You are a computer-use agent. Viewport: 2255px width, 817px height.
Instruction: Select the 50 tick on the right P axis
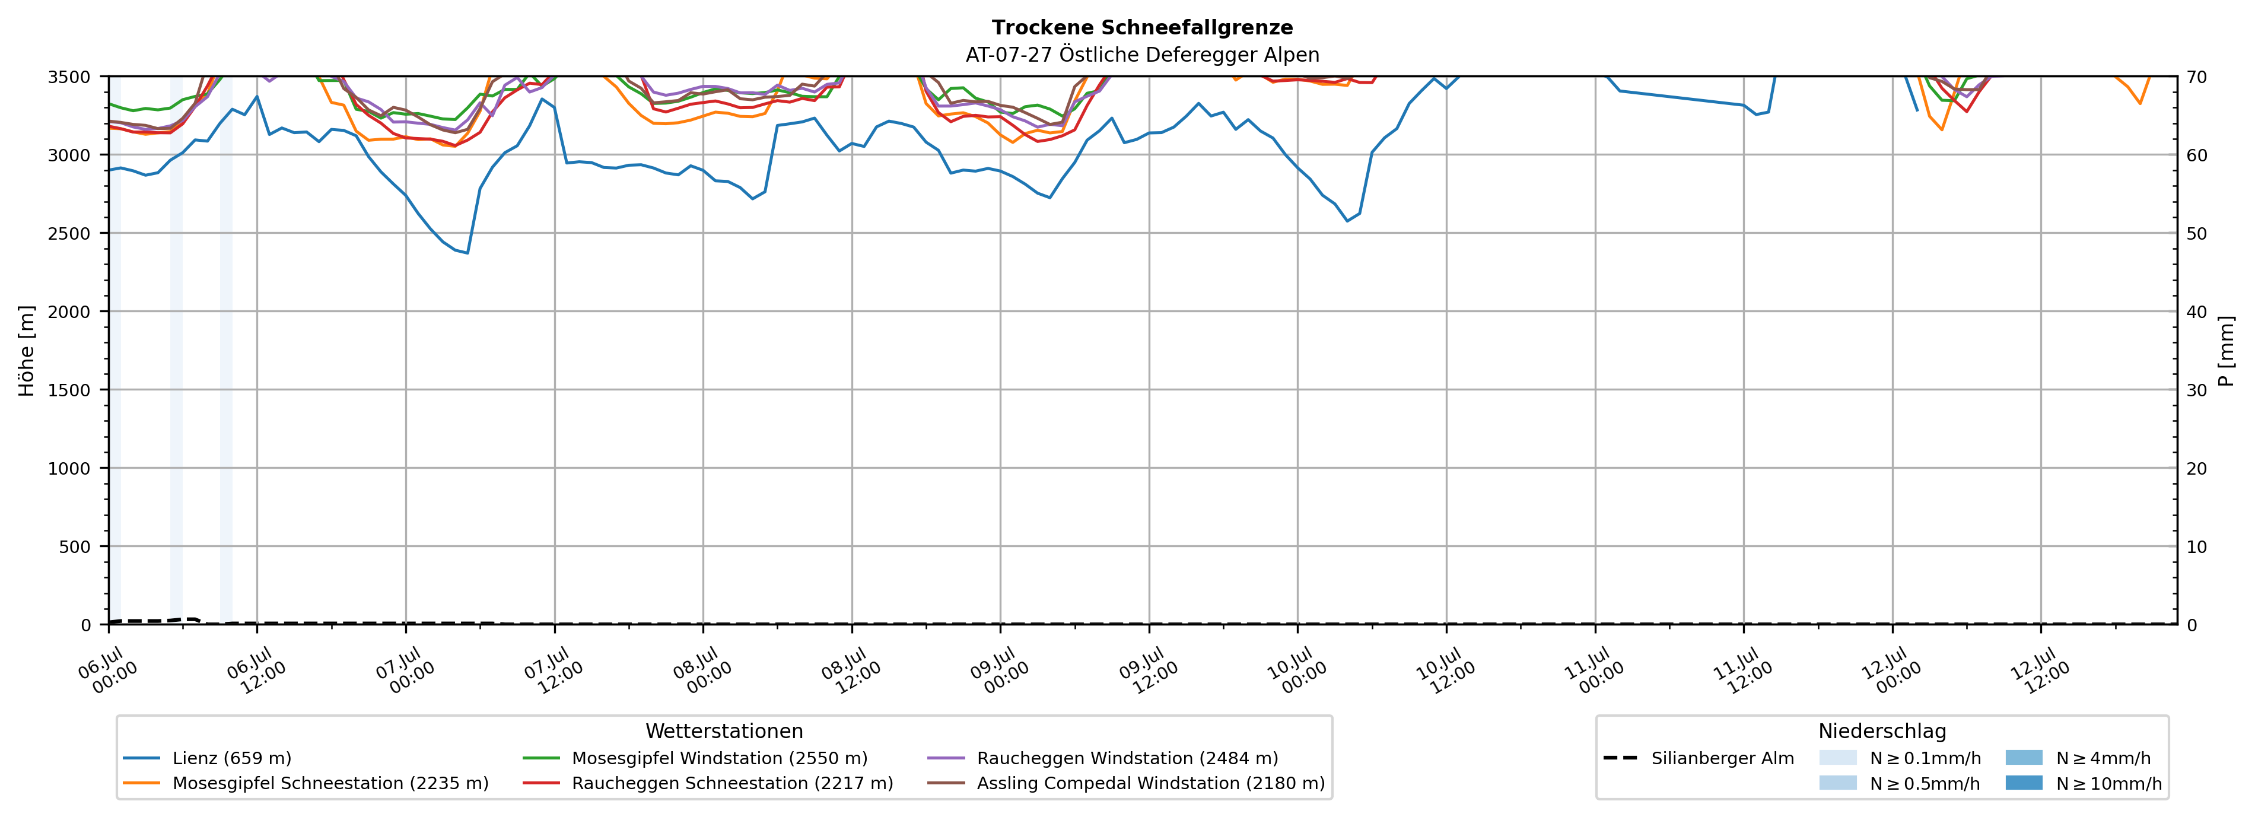(x=2196, y=233)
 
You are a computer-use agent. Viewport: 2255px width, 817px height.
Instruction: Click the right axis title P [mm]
(x=2226, y=350)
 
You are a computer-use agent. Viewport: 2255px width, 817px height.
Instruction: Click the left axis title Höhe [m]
(x=27, y=350)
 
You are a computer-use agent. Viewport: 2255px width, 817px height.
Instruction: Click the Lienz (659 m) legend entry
(x=208, y=758)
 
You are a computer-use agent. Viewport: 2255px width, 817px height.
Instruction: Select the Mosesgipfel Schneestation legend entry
(x=306, y=783)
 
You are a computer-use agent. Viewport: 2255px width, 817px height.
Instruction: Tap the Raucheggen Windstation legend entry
(x=1102, y=758)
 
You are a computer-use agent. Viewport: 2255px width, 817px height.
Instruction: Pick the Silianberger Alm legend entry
(x=1699, y=758)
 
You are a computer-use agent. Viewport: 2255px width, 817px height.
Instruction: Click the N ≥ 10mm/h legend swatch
(x=2024, y=783)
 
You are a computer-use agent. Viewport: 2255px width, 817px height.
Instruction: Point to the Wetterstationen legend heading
(x=724, y=731)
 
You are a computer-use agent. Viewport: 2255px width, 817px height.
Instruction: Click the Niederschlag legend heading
(x=1882, y=731)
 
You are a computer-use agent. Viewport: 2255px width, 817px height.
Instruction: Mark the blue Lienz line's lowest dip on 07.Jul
(x=467, y=253)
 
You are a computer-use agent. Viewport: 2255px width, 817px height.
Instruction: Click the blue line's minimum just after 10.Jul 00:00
(x=1347, y=221)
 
